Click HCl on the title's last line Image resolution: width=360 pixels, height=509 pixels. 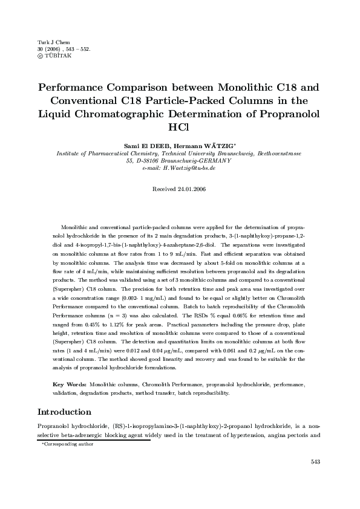180,128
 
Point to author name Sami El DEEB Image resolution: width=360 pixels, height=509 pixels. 146,146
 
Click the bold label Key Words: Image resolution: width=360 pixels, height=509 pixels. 70,384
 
